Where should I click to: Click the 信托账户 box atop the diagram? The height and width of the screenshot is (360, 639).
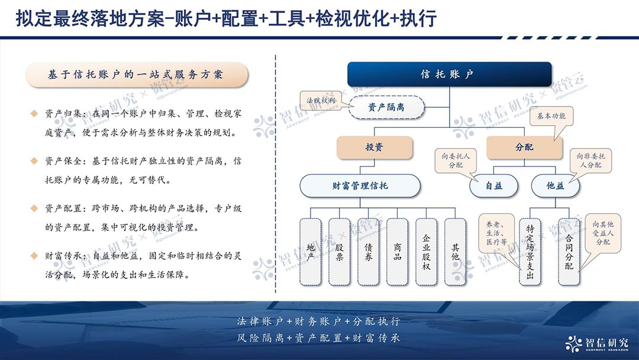tap(449, 75)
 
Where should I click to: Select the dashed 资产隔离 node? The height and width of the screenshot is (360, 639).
tap(386, 108)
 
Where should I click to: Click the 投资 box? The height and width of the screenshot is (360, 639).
tap(374, 147)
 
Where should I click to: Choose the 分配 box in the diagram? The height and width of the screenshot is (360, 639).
tap(524, 147)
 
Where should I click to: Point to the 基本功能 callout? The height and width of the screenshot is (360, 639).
tap(551, 117)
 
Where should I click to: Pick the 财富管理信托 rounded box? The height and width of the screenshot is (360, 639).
tap(360, 186)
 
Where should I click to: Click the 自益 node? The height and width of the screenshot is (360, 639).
tap(494, 186)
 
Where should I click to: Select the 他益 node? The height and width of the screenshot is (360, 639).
tap(555, 186)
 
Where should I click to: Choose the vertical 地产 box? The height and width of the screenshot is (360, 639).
tap(311, 252)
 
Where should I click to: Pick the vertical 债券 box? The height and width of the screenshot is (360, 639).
tap(369, 252)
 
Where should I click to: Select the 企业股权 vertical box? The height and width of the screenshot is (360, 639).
tap(427, 252)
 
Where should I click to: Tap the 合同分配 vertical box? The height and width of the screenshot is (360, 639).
tap(569, 252)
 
